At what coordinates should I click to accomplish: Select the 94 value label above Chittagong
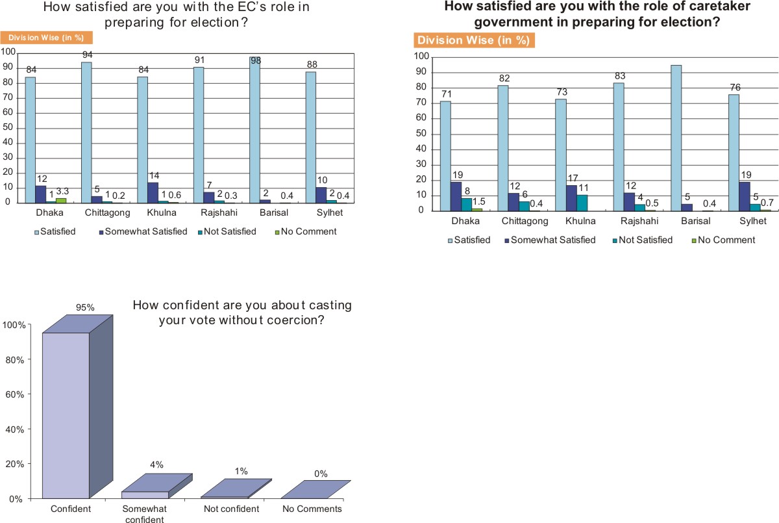point(87,55)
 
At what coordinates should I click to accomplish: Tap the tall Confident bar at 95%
point(65,416)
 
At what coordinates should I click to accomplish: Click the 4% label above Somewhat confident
point(156,465)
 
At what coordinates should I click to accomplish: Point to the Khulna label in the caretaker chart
point(573,222)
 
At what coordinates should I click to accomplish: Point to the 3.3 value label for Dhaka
point(63,192)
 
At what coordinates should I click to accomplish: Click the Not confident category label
point(230,509)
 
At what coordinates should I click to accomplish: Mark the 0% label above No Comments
point(321,474)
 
